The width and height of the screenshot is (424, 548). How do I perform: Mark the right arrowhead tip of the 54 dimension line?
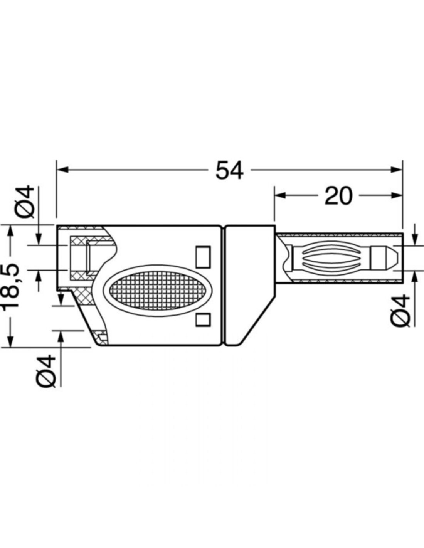coord(402,170)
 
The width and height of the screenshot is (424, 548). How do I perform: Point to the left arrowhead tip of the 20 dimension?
coord(275,195)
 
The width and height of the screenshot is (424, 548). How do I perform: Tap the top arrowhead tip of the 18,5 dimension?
coord(10,225)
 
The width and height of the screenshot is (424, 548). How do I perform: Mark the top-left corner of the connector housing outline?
coord(57,225)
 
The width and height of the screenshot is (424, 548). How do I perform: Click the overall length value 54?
coord(230,170)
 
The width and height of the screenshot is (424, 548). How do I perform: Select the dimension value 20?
coord(338,195)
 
